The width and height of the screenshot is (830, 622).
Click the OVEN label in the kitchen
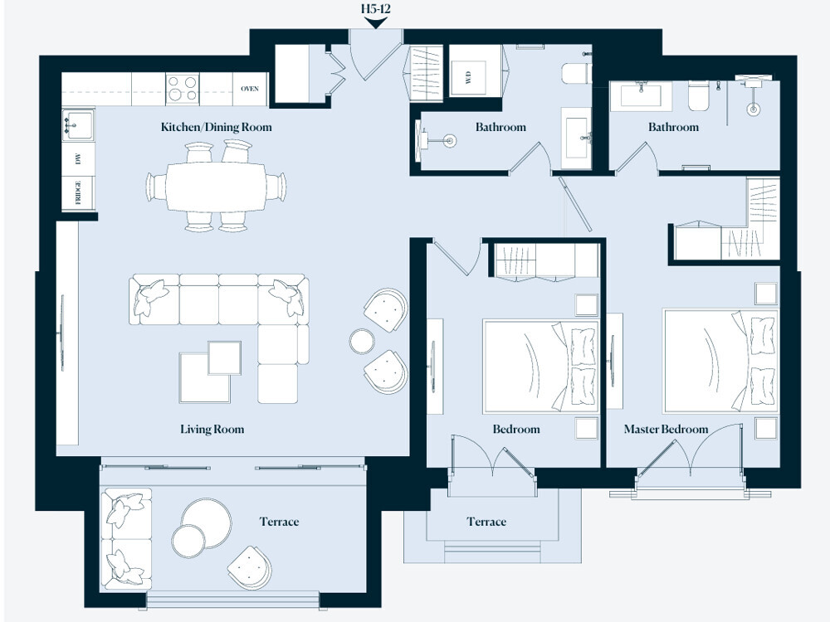pos(250,89)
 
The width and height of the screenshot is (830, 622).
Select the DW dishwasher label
pos(79,159)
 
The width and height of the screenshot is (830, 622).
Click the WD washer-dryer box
pos(469,78)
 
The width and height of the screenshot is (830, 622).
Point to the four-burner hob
pos(183,89)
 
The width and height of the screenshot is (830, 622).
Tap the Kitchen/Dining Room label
pos(216,128)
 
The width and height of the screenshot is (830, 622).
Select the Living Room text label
pos(212,430)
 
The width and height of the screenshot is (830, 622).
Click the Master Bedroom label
pos(666,430)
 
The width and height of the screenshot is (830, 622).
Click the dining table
pos(216,186)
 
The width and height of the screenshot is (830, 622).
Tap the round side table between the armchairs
pos(363,341)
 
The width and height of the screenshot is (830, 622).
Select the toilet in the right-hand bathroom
pos(699,97)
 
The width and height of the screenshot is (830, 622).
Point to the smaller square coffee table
pos(224,357)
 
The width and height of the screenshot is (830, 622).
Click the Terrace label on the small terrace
pos(486,522)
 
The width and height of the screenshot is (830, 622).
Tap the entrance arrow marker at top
pos(376,22)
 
